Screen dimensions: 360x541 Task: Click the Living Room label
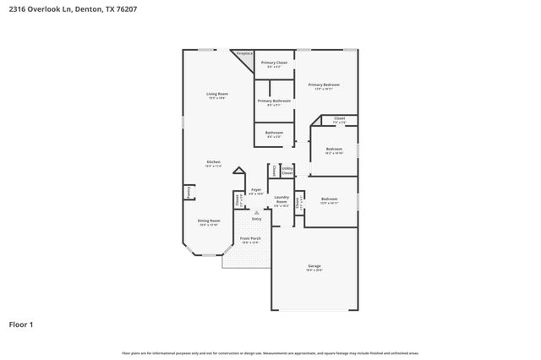[217, 95]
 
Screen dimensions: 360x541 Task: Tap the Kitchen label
[214, 163]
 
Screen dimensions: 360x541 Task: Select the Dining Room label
[209, 222]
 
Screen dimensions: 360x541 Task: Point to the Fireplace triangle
[244, 56]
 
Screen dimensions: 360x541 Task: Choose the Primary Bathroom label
[274, 101]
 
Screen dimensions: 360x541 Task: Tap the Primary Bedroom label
[324, 86]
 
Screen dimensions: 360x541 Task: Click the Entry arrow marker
[256, 218]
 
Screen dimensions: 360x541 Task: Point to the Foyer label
[256, 191]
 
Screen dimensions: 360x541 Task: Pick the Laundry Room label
[281, 201]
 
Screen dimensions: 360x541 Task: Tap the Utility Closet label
[287, 171]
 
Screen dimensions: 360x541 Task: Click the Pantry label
[187, 192]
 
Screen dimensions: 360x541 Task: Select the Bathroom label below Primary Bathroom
[274, 134]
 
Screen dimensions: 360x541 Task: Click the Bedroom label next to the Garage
[329, 201]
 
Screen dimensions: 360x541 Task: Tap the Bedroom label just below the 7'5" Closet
[334, 150]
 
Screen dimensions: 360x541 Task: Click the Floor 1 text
[21, 324]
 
